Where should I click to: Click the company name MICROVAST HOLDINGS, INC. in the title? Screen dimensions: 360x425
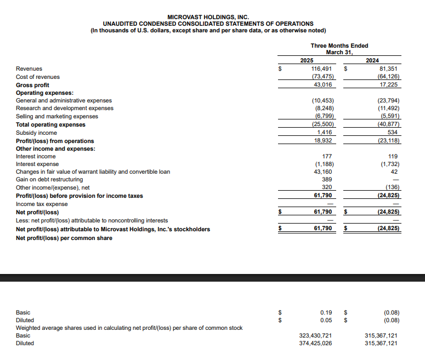(x=208, y=17)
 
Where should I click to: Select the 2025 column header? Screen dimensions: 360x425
(x=307, y=60)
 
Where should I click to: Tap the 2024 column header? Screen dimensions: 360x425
(x=372, y=60)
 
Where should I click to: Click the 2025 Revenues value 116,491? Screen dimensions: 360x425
(x=323, y=68)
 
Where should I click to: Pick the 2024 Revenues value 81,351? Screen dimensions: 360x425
(x=389, y=68)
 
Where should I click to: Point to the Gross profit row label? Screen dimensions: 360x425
(x=32, y=85)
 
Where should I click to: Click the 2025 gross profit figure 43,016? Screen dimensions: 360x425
(x=324, y=85)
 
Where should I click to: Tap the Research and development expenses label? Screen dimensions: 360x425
(x=65, y=108)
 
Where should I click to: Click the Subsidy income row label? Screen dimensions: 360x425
(x=36, y=133)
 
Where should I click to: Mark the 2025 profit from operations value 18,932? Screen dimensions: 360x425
(x=324, y=141)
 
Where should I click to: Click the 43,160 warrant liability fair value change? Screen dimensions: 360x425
(x=324, y=172)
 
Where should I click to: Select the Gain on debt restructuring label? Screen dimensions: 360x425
(x=49, y=179)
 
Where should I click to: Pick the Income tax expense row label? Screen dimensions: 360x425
(x=42, y=204)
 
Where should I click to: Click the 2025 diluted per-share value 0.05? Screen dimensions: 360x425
(x=326, y=320)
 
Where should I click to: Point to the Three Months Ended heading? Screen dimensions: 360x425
(x=339, y=45)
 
